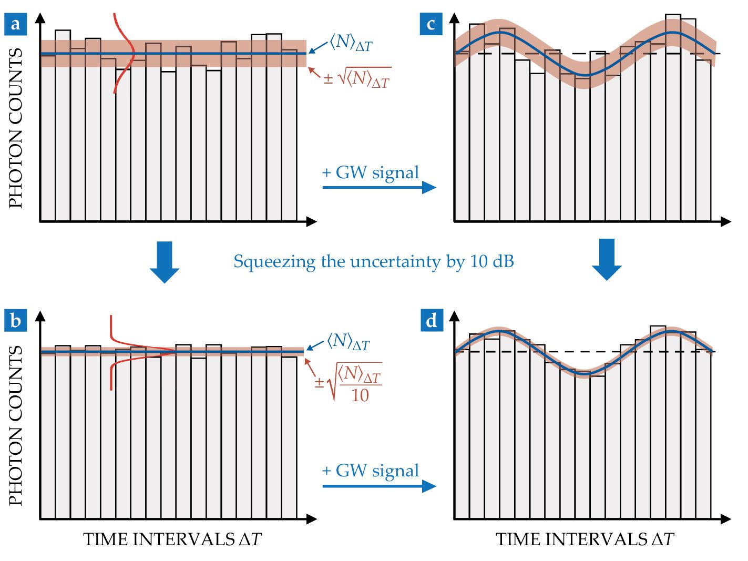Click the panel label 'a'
pos(16,24)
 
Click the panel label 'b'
pos(16,320)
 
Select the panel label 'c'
pos(431,24)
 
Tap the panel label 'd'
pos(431,320)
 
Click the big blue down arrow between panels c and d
pos(607,260)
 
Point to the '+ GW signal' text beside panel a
pos(371,172)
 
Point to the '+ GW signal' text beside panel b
pos(371,471)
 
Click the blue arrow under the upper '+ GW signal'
pos(379,187)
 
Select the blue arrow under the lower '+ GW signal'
pos(379,486)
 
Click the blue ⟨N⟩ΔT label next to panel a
pos(351,42)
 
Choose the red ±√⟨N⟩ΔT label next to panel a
pos(357,78)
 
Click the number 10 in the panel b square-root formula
pos(360,395)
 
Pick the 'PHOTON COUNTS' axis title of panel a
pos(16,128)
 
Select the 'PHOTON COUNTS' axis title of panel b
pos(16,426)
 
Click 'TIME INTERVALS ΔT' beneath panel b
pos(172,539)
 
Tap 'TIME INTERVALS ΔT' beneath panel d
pos(585,539)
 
